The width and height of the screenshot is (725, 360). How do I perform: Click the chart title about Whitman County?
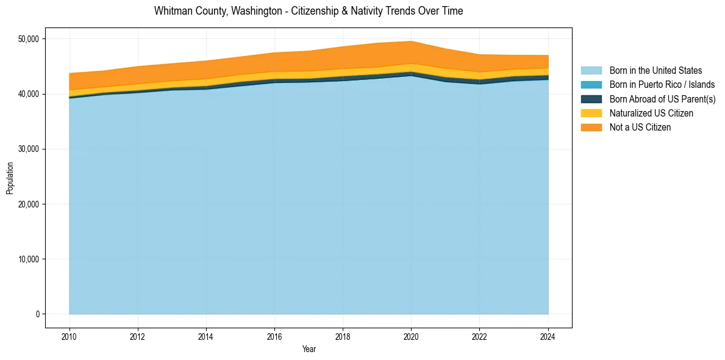[x=309, y=11]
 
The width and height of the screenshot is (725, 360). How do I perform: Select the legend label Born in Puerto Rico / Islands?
[x=662, y=85]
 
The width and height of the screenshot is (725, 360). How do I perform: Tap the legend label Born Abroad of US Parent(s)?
[x=662, y=99]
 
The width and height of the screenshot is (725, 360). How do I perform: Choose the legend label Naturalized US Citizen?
[x=651, y=113]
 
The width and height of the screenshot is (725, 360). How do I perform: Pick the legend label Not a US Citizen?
[x=640, y=128]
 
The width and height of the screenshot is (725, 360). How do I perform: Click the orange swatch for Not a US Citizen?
[x=591, y=128]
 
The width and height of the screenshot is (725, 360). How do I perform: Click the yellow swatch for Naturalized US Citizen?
[x=591, y=113]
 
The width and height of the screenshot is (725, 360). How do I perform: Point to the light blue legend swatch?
[x=591, y=71]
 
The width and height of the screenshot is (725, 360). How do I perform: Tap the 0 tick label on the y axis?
[x=37, y=314]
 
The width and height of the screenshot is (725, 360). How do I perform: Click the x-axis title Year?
[x=309, y=349]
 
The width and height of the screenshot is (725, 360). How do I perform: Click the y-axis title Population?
[x=10, y=178]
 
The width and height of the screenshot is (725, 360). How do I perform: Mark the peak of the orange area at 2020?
[x=412, y=42]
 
